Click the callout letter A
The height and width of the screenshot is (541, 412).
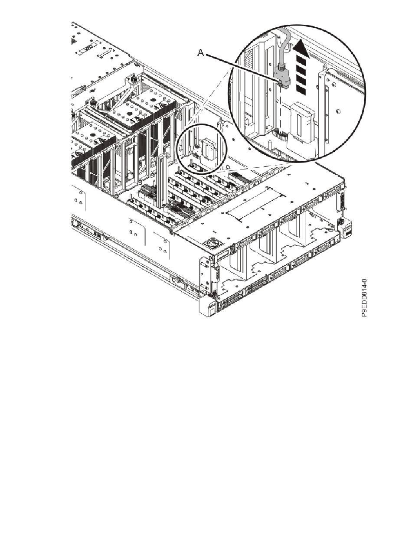tap(201, 52)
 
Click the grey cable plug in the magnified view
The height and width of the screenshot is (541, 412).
tap(282, 77)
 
